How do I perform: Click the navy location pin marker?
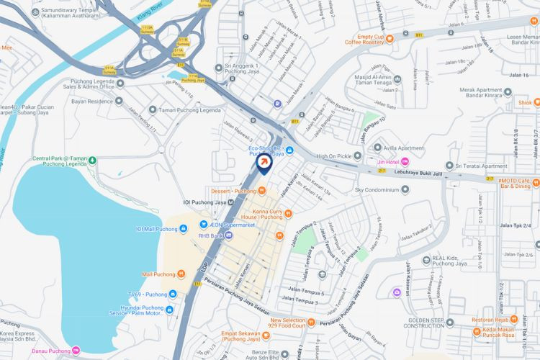pyautogui.click(x=265, y=165)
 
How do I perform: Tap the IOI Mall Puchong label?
pyautogui.click(x=156, y=229)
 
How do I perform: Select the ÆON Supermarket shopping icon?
pyautogui.click(x=204, y=224)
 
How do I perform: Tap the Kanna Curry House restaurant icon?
pyautogui.click(x=288, y=212)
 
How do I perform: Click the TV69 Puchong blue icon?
pyautogui.click(x=173, y=294)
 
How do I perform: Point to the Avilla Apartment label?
pyautogui.click(x=407, y=148)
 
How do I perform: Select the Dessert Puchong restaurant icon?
pyautogui.click(x=262, y=191)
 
